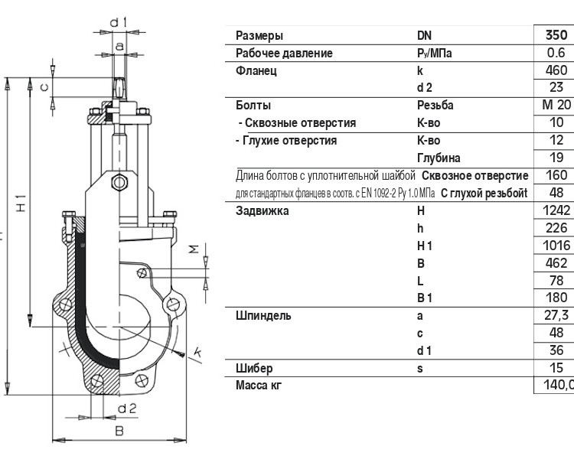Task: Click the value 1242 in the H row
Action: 556,210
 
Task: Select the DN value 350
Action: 556,35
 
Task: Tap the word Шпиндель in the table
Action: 263,315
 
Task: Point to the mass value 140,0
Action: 559,385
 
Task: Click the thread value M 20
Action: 556,105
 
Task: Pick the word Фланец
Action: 256,70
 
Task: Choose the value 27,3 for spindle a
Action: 556,315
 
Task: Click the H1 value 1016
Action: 556,246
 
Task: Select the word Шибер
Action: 254,368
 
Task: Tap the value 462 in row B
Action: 556,263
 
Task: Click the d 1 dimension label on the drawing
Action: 118,23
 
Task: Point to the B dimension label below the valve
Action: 119,431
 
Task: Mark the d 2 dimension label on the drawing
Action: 127,408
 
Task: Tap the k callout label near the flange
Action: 197,352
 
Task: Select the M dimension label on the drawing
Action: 194,249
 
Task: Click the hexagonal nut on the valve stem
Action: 119,182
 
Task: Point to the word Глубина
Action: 439,158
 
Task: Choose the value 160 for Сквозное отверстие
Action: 556,175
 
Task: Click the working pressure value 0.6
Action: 556,53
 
